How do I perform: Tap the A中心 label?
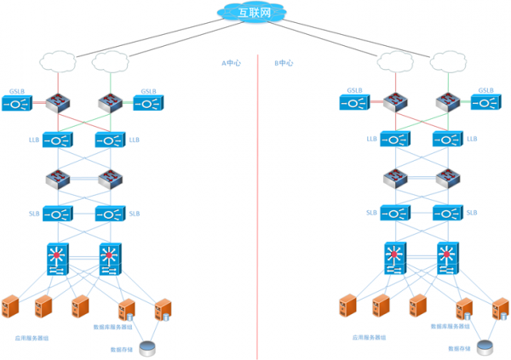pos(231,63)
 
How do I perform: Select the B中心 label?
pos(284,63)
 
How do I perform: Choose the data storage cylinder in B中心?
pos(485,347)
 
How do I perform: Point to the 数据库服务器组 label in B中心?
pos(448,326)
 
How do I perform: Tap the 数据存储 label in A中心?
pos(122,349)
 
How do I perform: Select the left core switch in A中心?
pos(59,259)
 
